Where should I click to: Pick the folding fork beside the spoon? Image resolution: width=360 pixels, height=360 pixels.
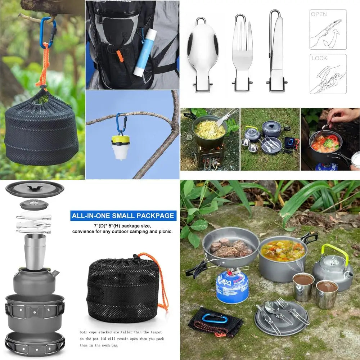[x=242, y=50]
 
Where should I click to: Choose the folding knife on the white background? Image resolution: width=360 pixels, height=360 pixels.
[x=276, y=50]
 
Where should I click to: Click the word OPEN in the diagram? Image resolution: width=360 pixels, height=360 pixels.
[x=319, y=14]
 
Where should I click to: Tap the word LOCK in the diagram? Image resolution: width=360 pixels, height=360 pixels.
[x=319, y=58]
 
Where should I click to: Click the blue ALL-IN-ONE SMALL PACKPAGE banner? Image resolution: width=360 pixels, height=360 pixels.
[x=123, y=216]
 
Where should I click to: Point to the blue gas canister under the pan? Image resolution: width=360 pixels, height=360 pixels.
[x=232, y=286]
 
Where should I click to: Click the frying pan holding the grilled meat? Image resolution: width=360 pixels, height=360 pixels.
[x=230, y=247]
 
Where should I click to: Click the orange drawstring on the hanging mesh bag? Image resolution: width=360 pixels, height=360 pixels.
[x=43, y=68]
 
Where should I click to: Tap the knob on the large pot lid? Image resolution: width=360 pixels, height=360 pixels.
[x=35, y=188]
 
